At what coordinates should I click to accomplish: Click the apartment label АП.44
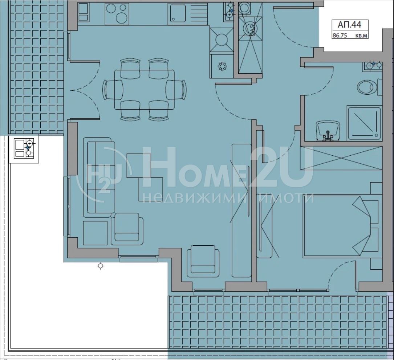click(349, 25)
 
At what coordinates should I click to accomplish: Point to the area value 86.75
click(340, 36)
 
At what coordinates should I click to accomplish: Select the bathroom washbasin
click(328, 131)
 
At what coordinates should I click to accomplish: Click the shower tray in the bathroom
click(364, 123)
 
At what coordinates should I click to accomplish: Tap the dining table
click(144, 90)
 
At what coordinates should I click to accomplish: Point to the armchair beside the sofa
click(127, 229)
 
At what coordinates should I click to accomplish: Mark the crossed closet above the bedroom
click(341, 158)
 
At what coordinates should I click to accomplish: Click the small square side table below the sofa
click(95, 233)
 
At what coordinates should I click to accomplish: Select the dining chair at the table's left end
click(113, 90)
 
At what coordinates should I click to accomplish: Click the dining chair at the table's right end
click(176, 90)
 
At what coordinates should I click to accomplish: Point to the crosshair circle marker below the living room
click(101, 266)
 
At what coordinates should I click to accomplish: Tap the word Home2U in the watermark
click(227, 167)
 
